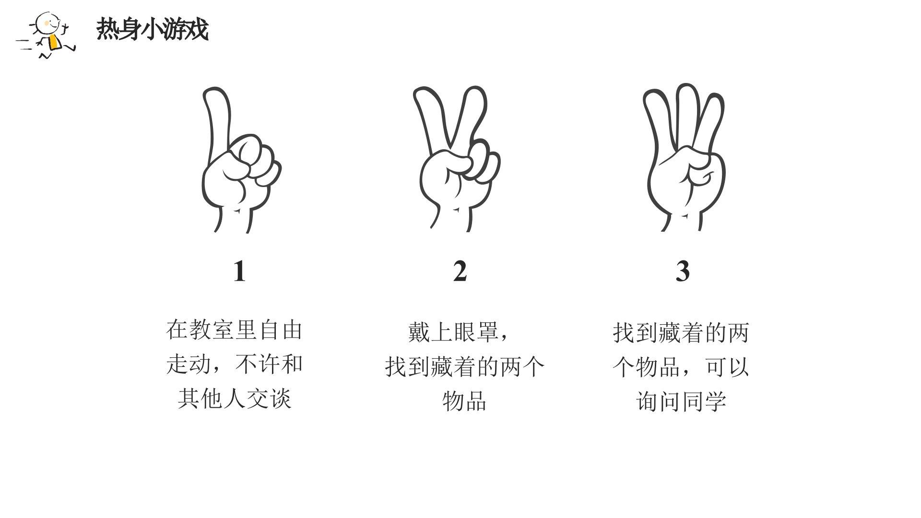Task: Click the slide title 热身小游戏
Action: (153, 30)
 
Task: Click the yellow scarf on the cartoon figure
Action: (54, 42)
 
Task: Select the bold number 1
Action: (239, 271)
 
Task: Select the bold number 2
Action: (460, 271)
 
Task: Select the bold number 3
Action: (682, 271)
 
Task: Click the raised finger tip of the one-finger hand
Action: (213, 92)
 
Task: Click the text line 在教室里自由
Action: (234, 330)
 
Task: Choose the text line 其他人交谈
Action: (235, 399)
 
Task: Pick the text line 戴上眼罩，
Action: (459, 332)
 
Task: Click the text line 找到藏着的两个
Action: (465, 367)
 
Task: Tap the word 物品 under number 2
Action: (464, 401)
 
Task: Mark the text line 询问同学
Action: (681, 401)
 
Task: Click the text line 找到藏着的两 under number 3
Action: (681, 333)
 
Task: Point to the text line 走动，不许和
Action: (235, 365)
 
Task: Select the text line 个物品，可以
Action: (681, 367)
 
